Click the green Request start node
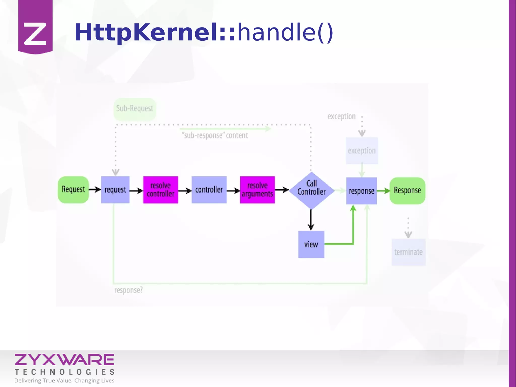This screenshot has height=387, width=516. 73,190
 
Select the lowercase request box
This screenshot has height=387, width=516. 115,190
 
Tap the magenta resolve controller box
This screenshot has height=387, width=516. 160,190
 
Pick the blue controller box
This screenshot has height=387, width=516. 209,190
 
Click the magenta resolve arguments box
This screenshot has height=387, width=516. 257,190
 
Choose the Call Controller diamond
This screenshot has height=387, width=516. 311,190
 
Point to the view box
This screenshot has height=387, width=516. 311,244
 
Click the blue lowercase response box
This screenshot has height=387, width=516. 362,191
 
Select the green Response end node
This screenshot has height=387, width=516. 407,191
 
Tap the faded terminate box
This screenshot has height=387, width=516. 408,252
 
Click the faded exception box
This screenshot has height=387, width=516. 362,151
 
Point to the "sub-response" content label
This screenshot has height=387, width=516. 215,136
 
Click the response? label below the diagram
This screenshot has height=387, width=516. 128,290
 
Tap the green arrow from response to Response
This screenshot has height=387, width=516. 383,191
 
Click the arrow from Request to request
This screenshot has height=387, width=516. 95,189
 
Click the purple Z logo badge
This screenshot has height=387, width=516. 35,28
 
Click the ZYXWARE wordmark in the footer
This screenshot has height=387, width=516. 64,360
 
